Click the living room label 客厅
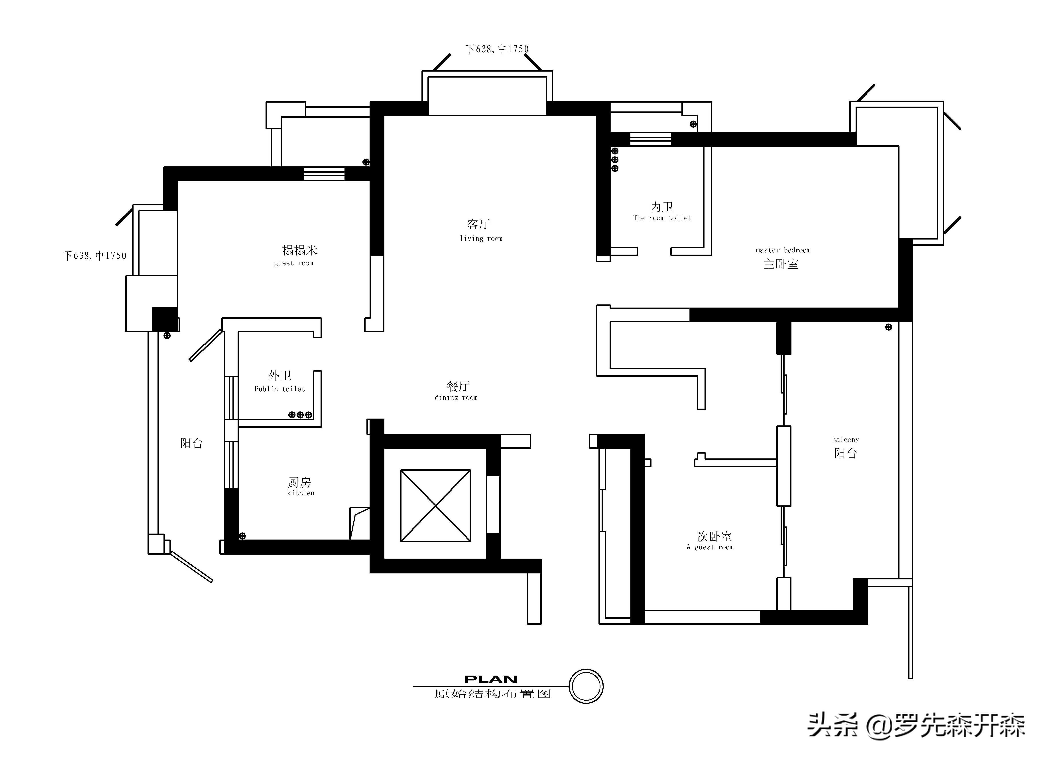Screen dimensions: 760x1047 tap(478, 225)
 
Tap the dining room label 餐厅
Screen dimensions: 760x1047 tap(458, 386)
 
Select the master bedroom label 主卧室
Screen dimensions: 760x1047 tap(781, 264)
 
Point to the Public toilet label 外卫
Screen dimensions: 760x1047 tap(280, 375)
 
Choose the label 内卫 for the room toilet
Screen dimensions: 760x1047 tap(661, 207)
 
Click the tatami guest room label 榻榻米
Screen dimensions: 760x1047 tap(300, 250)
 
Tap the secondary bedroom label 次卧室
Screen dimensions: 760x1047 tap(714, 536)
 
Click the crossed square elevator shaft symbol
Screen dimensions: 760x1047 tap(435, 505)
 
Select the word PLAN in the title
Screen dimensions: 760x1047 tap(491, 679)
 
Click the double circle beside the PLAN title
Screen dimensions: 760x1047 tap(586, 686)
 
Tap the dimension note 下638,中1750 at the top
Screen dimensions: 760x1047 tap(497, 49)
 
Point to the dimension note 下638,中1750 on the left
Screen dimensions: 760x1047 tap(95, 255)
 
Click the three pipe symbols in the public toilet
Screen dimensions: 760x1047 tap(300, 415)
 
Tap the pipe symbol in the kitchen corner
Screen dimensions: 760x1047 tap(242, 536)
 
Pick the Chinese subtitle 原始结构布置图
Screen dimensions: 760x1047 tap(493, 694)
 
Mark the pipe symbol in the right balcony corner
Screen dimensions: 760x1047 tap(888, 327)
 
